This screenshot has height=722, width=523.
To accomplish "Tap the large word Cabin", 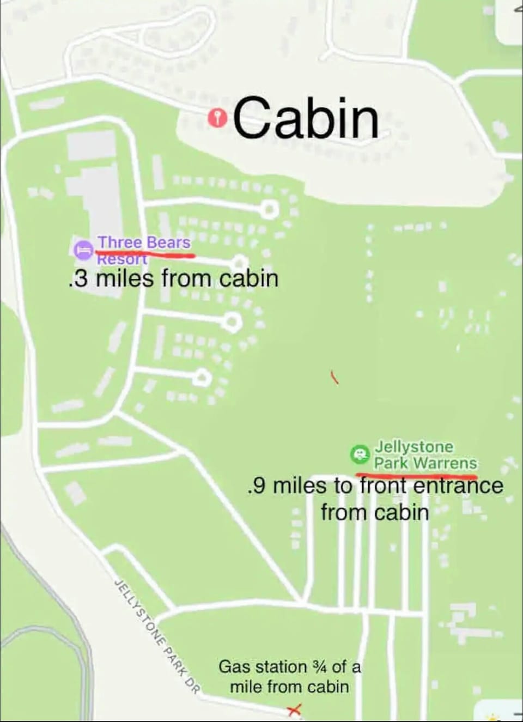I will pyautogui.click(x=306, y=118).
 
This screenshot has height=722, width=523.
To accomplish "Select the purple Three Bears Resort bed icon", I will pyautogui.click(x=83, y=249).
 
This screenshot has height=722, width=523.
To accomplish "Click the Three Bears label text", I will pyautogui.click(x=144, y=242).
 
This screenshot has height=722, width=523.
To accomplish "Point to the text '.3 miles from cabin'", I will pyautogui.click(x=174, y=278).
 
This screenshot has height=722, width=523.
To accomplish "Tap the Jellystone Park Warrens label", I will pyautogui.click(x=424, y=455).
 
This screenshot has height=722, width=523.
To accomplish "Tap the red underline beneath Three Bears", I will pyautogui.click(x=145, y=253).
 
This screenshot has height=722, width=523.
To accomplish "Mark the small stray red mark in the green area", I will pyautogui.click(x=335, y=377).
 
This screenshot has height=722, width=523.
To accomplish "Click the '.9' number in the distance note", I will pyautogui.click(x=256, y=486).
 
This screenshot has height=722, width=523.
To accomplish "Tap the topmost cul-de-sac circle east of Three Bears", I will pyautogui.click(x=269, y=209).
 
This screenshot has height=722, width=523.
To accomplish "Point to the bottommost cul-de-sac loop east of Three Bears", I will pyautogui.click(x=202, y=377).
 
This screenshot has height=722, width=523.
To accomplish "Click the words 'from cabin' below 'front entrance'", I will pyautogui.click(x=374, y=513).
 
